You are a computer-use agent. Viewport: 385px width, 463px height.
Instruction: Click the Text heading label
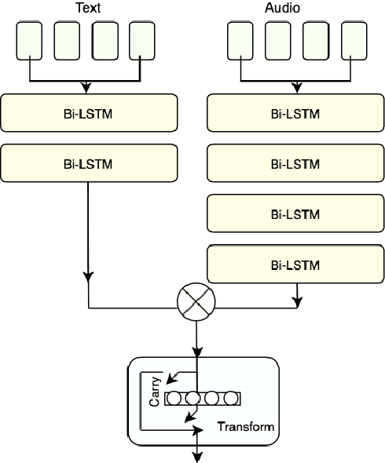coord(87,9)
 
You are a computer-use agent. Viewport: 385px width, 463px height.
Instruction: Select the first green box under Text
coord(30,42)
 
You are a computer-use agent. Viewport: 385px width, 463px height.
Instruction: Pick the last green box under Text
coord(142,42)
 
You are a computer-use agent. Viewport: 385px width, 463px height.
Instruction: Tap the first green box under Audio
coord(240,42)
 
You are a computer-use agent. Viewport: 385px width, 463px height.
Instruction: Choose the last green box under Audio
coord(354,42)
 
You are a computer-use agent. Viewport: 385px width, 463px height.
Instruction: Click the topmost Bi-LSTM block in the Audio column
coord(295,115)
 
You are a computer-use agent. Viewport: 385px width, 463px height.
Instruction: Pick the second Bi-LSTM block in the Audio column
coord(295,164)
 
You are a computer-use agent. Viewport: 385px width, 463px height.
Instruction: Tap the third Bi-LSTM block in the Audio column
coord(295,214)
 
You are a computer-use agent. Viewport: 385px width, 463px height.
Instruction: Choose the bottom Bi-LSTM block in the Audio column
coord(295,264)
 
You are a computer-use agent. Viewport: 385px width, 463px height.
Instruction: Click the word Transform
coord(246,428)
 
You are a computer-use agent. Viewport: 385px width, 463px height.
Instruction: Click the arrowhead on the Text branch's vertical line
coord(88,277)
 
